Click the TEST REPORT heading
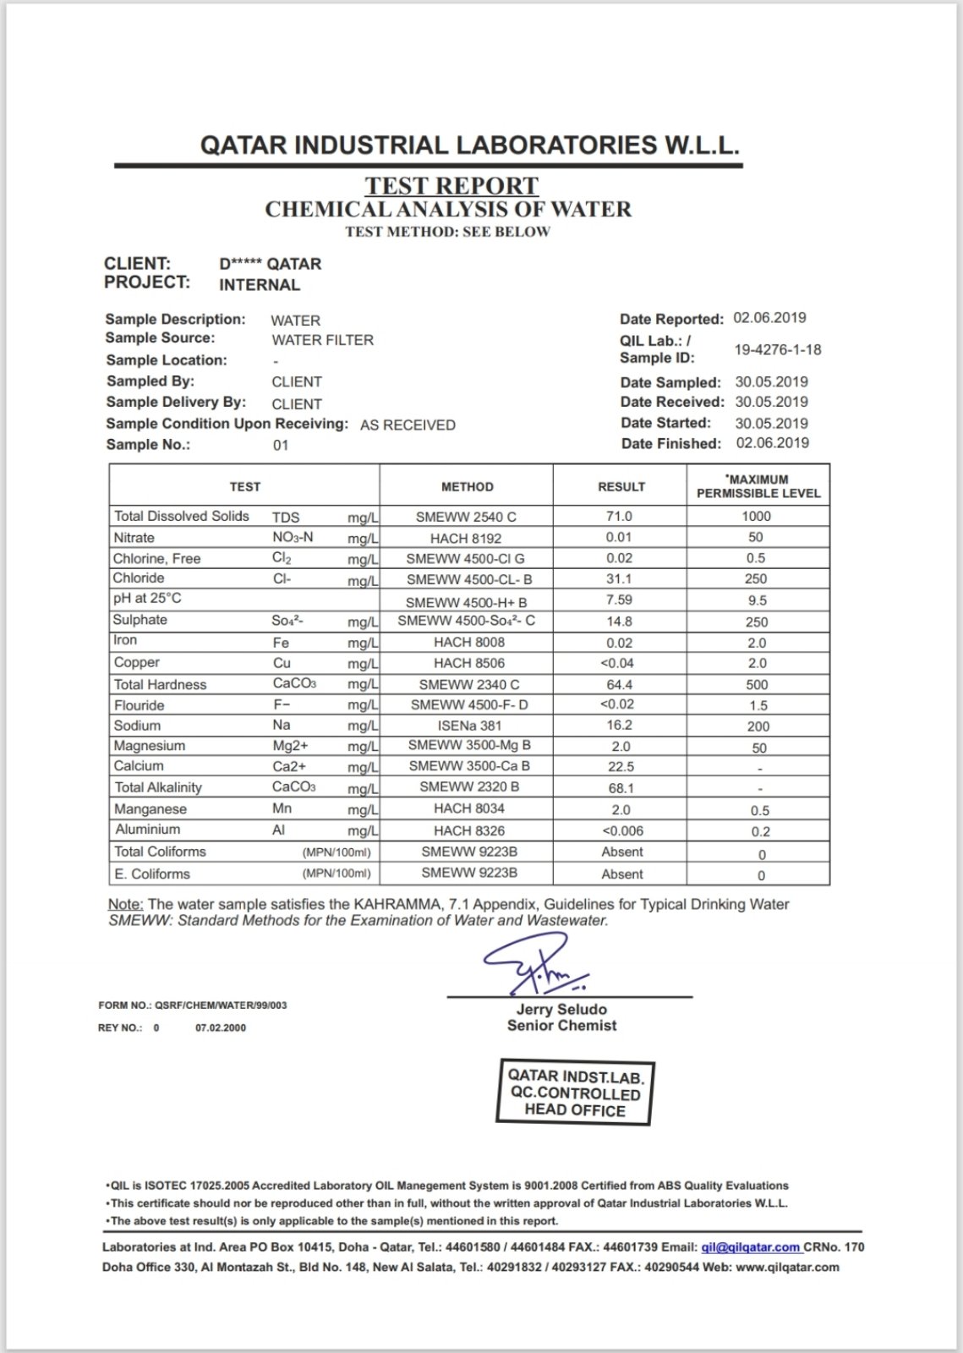click(x=451, y=185)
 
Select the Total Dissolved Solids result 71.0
click(x=619, y=516)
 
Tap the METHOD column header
click(x=467, y=486)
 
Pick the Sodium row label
click(x=137, y=726)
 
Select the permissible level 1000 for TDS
click(x=756, y=516)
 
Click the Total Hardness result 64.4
click(x=620, y=684)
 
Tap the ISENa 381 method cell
click(x=467, y=726)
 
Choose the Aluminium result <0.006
click(x=621, y=830)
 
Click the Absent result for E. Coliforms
click(x=621, y=874)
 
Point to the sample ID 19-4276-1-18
click(x=778, y=349)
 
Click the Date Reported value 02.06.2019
click(x=769, y=318)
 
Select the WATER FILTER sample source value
click(x=322, y=340)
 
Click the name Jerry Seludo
click(x=561, y=1009)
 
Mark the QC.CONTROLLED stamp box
click(x=575, y=1093)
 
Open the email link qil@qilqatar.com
click(x=750, y=1246)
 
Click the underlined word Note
click(x=125, y=904)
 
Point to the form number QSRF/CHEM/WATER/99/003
click(x=221, y=1005)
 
